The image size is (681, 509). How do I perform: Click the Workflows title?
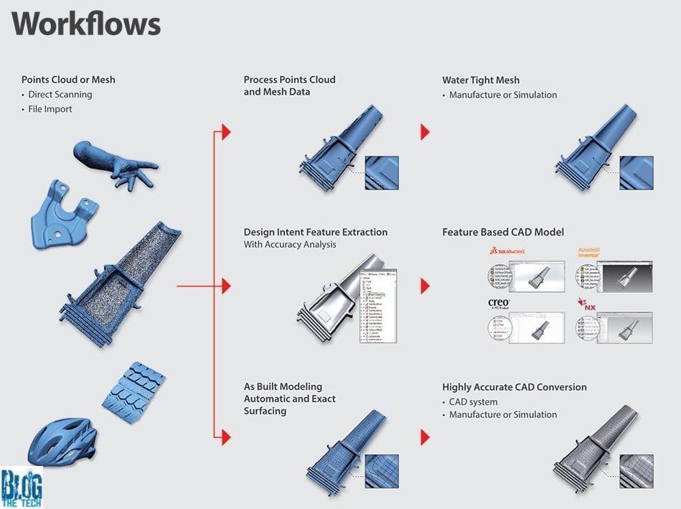click(x=86, y=24)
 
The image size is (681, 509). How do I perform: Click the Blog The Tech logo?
click(x=22, y=487)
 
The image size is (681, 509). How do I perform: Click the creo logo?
click(x=499, y=304)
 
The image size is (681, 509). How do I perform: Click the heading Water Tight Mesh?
click(x=481, y=80)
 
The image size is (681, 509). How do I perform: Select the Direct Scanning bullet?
click(x=60, y=94)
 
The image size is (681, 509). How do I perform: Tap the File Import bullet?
click(x=50, y=109)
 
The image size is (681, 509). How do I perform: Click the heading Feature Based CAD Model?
click(x=503, y=232)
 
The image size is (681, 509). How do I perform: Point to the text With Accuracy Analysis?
click(x=290, y=245)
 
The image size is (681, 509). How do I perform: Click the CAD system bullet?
click(x=473, y=401)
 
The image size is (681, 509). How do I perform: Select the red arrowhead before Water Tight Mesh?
click(x=425, y=132)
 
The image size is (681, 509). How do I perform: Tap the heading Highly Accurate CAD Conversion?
click(x=514, y=387)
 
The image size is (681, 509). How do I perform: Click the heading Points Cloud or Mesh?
click(x=68, y=79)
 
